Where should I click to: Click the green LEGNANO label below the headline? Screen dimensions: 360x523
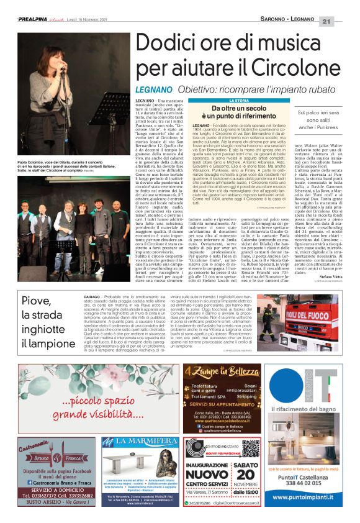pyautogui.click(x=154, y=89)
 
